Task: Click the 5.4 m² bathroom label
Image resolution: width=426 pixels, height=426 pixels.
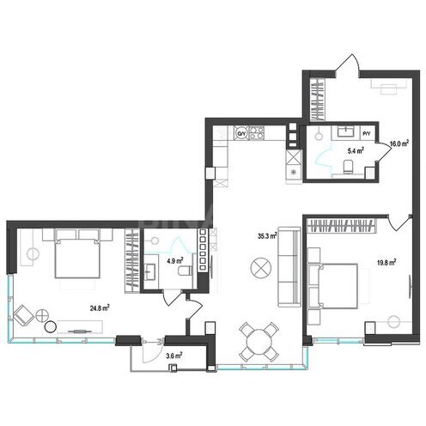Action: click(x=354, y=150)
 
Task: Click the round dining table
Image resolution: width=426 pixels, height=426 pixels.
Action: click(x=259, y=340)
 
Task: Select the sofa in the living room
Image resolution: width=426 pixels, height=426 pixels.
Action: click(x=289, y=267)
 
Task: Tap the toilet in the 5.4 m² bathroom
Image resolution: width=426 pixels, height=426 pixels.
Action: click(x=346, y=167)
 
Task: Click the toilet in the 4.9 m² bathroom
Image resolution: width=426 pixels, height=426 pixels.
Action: click(x=185, y=272)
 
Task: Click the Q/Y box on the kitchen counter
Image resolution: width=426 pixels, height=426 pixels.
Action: click(x=242, y=133)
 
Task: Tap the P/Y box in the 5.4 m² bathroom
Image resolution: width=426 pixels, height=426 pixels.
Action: click(x=367, y=133)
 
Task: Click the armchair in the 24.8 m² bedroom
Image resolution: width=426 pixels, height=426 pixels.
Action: click(x=29, y=314)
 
